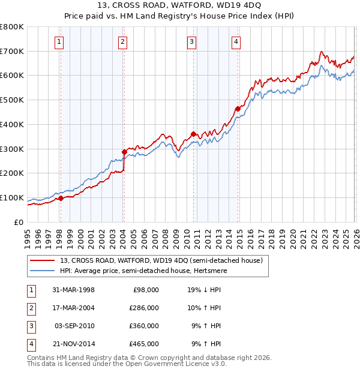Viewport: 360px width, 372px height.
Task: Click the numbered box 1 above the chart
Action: click(60, 41)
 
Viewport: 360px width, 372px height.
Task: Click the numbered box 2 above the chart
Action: click(122, 41)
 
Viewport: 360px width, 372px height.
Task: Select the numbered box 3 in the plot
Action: click(191, 41)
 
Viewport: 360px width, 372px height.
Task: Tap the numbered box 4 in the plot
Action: click(236, 41)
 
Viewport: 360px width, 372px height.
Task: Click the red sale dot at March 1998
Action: click(61, 198)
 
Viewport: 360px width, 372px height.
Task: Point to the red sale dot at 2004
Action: click(124, 152)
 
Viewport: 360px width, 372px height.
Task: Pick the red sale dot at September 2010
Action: click(193, 134)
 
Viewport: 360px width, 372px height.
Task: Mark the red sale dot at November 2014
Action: click(238, 109)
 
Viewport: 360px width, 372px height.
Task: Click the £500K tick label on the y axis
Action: click(12, 100)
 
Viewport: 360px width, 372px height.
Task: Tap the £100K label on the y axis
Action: click(12, 197)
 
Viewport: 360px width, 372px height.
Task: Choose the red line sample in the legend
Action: click(43, 261)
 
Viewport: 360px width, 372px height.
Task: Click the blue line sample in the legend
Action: click(43, 271)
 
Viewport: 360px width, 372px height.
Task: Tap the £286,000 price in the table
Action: click(144, 308)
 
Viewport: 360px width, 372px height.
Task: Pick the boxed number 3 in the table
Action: click(31, 326)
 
